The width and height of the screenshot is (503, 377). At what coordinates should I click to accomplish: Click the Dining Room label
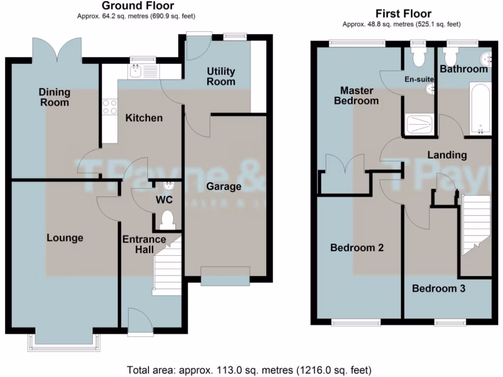[55, 97]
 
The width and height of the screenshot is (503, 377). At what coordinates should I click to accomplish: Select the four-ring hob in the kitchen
[110, 107]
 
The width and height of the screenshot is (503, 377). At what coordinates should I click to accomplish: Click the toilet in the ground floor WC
[168, 219]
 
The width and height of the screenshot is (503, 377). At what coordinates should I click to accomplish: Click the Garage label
[224, 187]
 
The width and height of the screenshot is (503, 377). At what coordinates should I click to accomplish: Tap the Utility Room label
[221, 77]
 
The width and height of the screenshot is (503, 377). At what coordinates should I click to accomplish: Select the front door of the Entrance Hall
[139, 322]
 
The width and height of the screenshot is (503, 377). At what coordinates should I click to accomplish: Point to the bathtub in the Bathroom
[479, 108]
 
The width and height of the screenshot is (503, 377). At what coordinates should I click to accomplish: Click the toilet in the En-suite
[419, 57]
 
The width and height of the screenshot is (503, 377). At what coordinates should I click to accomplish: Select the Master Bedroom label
[356, 96]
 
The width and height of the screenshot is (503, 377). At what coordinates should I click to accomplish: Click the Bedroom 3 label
[438, 289]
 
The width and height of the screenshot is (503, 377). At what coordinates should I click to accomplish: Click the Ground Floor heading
[137, 6]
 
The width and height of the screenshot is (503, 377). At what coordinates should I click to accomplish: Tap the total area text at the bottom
[249, 369]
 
